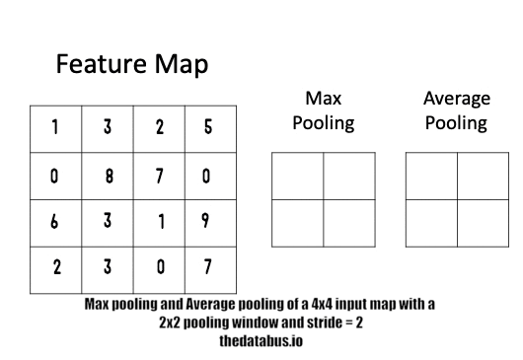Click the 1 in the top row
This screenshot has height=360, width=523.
tap(56, 128)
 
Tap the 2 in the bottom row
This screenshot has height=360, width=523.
tap(56, 268)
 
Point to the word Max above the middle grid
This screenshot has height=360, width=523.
tap(322, 100)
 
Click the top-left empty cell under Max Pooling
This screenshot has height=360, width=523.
tap(296, 176)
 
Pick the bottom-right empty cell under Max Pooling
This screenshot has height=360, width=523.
tap(349, 223)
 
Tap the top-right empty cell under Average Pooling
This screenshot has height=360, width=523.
tap(482, 176)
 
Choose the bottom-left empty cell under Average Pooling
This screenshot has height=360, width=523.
tap(430, 223)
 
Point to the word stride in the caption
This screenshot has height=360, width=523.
tap(305, 323)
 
